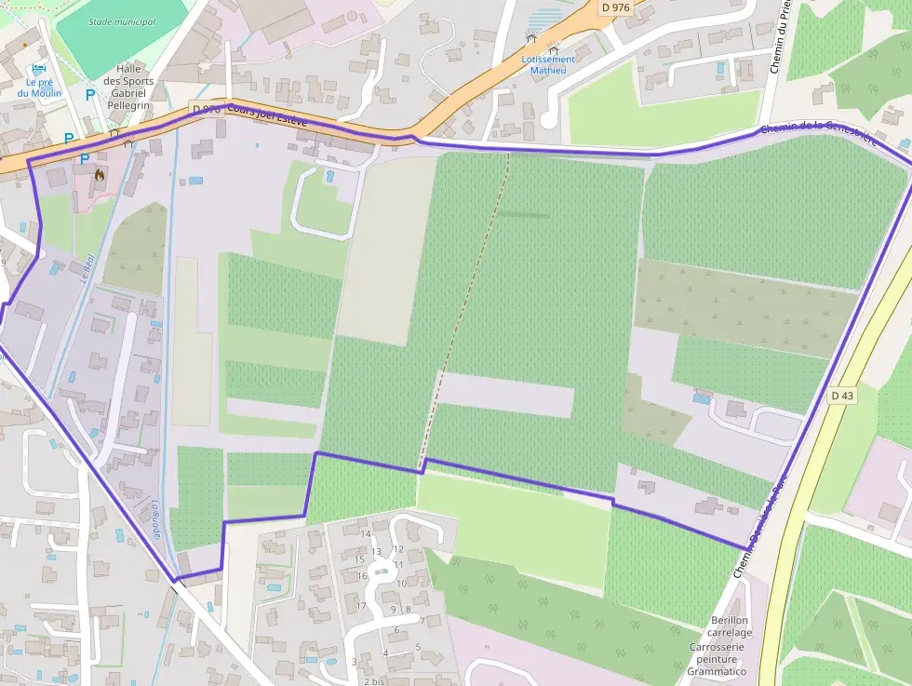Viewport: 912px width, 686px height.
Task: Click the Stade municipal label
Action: pyautogui.click(x=122, y=21)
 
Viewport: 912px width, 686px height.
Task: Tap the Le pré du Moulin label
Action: pyautogui.click(x=39, y=87)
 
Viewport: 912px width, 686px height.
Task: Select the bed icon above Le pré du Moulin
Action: pyautogui.click(x=38, y=70)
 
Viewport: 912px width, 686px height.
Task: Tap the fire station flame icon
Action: pyautogui.click(x=99, y=174)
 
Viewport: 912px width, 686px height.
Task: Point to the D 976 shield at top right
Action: pyautogui.click(x=615, y=7)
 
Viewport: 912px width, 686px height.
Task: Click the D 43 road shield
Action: pyautogui.click(x=841, y=396)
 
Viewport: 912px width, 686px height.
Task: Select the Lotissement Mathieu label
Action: pyautogui.click(x=548, y=64)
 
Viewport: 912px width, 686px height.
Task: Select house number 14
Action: pyautogui.click(x=366, y=534)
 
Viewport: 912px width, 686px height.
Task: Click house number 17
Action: pyautogui.click(x=363, y=606)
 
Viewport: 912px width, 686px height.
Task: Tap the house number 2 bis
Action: pyautogui.click(x=374, y=681)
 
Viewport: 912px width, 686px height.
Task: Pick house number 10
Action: pyautogui.click(x=402, y=584)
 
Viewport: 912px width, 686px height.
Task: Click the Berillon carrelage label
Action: pyautogui.click(x=729, y=626)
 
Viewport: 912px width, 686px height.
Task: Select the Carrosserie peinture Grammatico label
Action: pyautogui.click(x=718, y=659)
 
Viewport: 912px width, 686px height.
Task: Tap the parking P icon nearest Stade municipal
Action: pyautogui.click(x=89, y=95)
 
